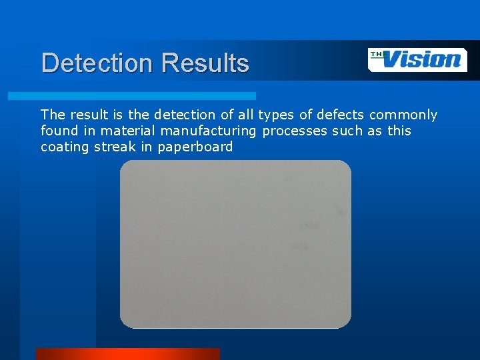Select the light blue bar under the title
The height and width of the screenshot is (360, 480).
coord(131,96)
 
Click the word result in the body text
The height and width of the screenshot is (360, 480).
coord(89,115)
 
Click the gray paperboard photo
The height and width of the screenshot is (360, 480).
coord(235,244)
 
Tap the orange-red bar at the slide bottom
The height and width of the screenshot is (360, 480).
coord(127,354)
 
